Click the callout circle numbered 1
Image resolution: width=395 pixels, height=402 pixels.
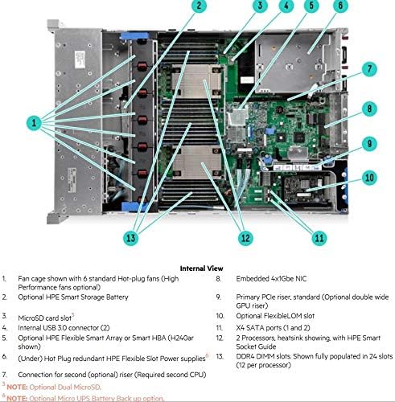[34, 122]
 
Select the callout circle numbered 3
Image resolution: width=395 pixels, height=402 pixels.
[259, 6]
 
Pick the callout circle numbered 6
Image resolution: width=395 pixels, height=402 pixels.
[341, 6]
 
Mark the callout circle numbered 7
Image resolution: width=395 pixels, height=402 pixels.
[369, 70]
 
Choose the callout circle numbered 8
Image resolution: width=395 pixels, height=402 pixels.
[369, 108]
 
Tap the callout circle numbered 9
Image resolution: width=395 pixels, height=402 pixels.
[369, 145]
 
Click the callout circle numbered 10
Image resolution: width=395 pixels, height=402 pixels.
[369, 178]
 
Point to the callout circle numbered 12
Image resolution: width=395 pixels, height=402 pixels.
[244, 238]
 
